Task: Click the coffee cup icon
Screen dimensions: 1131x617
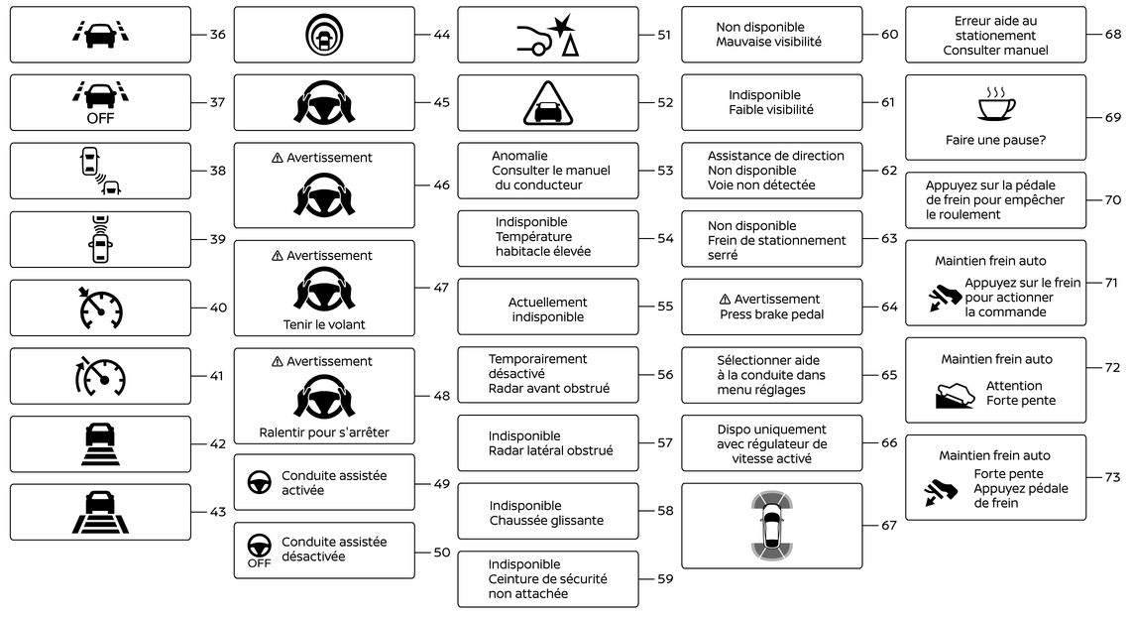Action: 996,104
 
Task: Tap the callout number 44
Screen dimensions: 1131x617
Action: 441,35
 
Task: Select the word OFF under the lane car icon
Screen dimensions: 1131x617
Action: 100,118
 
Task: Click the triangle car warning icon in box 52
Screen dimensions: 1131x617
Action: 548,103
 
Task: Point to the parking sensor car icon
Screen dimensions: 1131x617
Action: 772,526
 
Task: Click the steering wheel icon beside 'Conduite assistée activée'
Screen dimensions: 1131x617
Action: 259,482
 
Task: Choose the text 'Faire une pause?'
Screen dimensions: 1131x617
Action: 995,140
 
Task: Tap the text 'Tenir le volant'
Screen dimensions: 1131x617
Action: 324,324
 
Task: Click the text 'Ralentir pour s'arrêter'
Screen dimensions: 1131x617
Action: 324,432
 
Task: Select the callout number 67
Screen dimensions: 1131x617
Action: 888,526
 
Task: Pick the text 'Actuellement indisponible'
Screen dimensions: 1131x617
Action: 548,309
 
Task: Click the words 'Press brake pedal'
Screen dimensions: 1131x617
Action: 772,313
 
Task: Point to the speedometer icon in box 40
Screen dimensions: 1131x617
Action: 100,308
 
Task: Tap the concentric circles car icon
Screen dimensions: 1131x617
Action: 324,35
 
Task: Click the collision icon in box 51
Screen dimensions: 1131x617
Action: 548,35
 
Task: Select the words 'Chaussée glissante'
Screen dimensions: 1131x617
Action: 546,521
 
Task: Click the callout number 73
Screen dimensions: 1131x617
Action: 1112,477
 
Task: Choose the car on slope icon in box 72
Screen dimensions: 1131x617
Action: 955,395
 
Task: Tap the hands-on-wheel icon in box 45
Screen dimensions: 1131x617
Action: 324,102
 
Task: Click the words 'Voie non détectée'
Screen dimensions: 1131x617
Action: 761,185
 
